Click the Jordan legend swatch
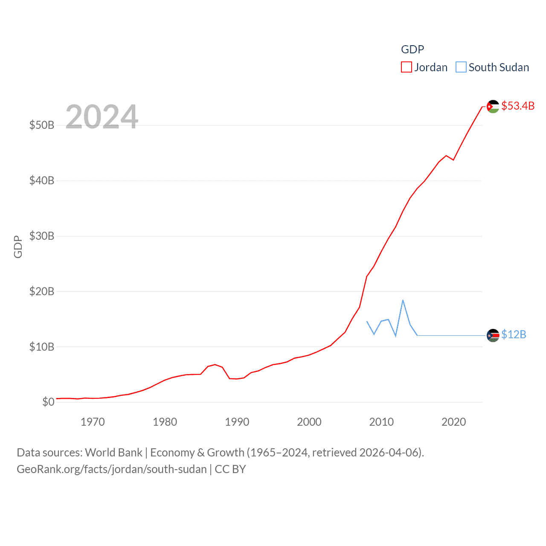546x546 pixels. tap(406, 67)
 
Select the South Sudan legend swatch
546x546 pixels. tap(461, 67)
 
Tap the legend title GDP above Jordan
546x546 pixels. tap(412, 49)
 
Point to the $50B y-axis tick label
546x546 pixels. tap(42, 125)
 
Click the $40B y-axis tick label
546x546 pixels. tap(42, 180)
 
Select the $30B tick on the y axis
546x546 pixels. tap(42, 236)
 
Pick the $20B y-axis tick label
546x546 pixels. tap(42, 291)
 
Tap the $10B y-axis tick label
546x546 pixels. tap(42, 347)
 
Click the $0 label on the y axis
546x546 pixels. tap(48, 402)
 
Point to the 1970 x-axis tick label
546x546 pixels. tap(93, 422)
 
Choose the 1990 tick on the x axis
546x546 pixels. tap(237, 422)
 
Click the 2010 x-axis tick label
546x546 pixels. tap(381, 422)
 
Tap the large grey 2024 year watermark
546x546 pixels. tap(102, 116)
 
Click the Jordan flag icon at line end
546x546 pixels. tap(493, 106)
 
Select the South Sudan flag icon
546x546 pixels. tap(493, 335)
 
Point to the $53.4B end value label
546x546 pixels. tap(518, 106)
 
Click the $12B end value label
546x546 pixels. tap(514, 334)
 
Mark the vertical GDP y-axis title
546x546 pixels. tap(18, 247)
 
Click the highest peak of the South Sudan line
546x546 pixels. tap(403, 300)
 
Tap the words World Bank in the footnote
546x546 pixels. tap(113, 452)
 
